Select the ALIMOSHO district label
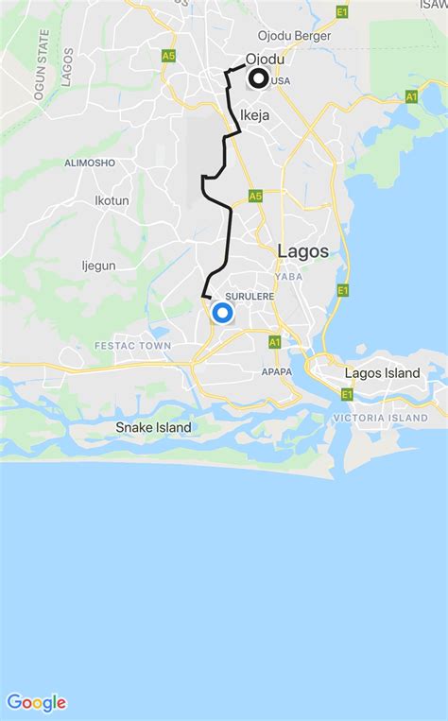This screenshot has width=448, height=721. [x=90, y=163]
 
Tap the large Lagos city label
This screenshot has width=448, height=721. [x=303, y=251]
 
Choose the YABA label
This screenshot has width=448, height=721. [x=287, y=276]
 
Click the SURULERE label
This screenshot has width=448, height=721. [x=250, y=296]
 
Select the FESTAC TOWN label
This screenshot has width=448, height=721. [x=132, y=346]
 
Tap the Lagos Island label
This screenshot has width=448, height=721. [x=382, y=373]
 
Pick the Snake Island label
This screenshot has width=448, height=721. [x=153, y=427]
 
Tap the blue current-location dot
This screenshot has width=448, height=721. [x=223, y=313]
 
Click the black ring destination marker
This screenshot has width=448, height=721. [x=257, y=79]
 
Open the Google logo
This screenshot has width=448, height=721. [x=37, y=702]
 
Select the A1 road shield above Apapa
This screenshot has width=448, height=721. [x=274, y=341]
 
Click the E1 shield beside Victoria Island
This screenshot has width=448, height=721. [x=347, y=394]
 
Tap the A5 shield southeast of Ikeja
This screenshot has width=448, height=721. [x=255, y=196]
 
